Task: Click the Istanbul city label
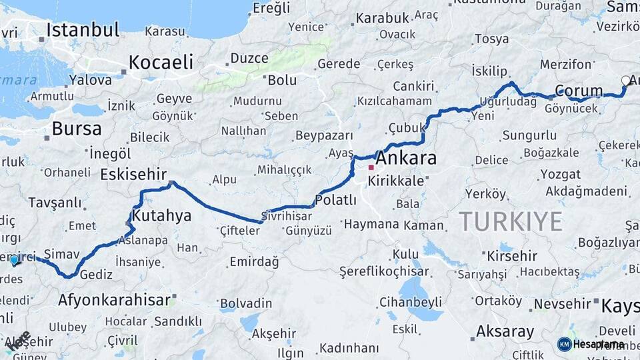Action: [x=83, y=30]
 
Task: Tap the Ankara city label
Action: [x=406, y=159]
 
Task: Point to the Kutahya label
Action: [x=161, y=215]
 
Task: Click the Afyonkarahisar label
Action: [x=114, y=299]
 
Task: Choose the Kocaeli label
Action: [x=161, y=63]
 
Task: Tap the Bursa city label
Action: [x=77, y=129]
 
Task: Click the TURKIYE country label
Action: [x=510, y=221]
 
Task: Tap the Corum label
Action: [x=579, y=91]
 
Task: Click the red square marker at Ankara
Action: [x=371, y=167]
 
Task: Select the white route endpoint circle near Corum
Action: [x=625, y=81]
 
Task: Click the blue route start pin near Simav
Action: [x=14, y=259]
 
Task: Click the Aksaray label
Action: [x=505, y=331]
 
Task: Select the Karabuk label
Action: [x=381, y=19]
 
